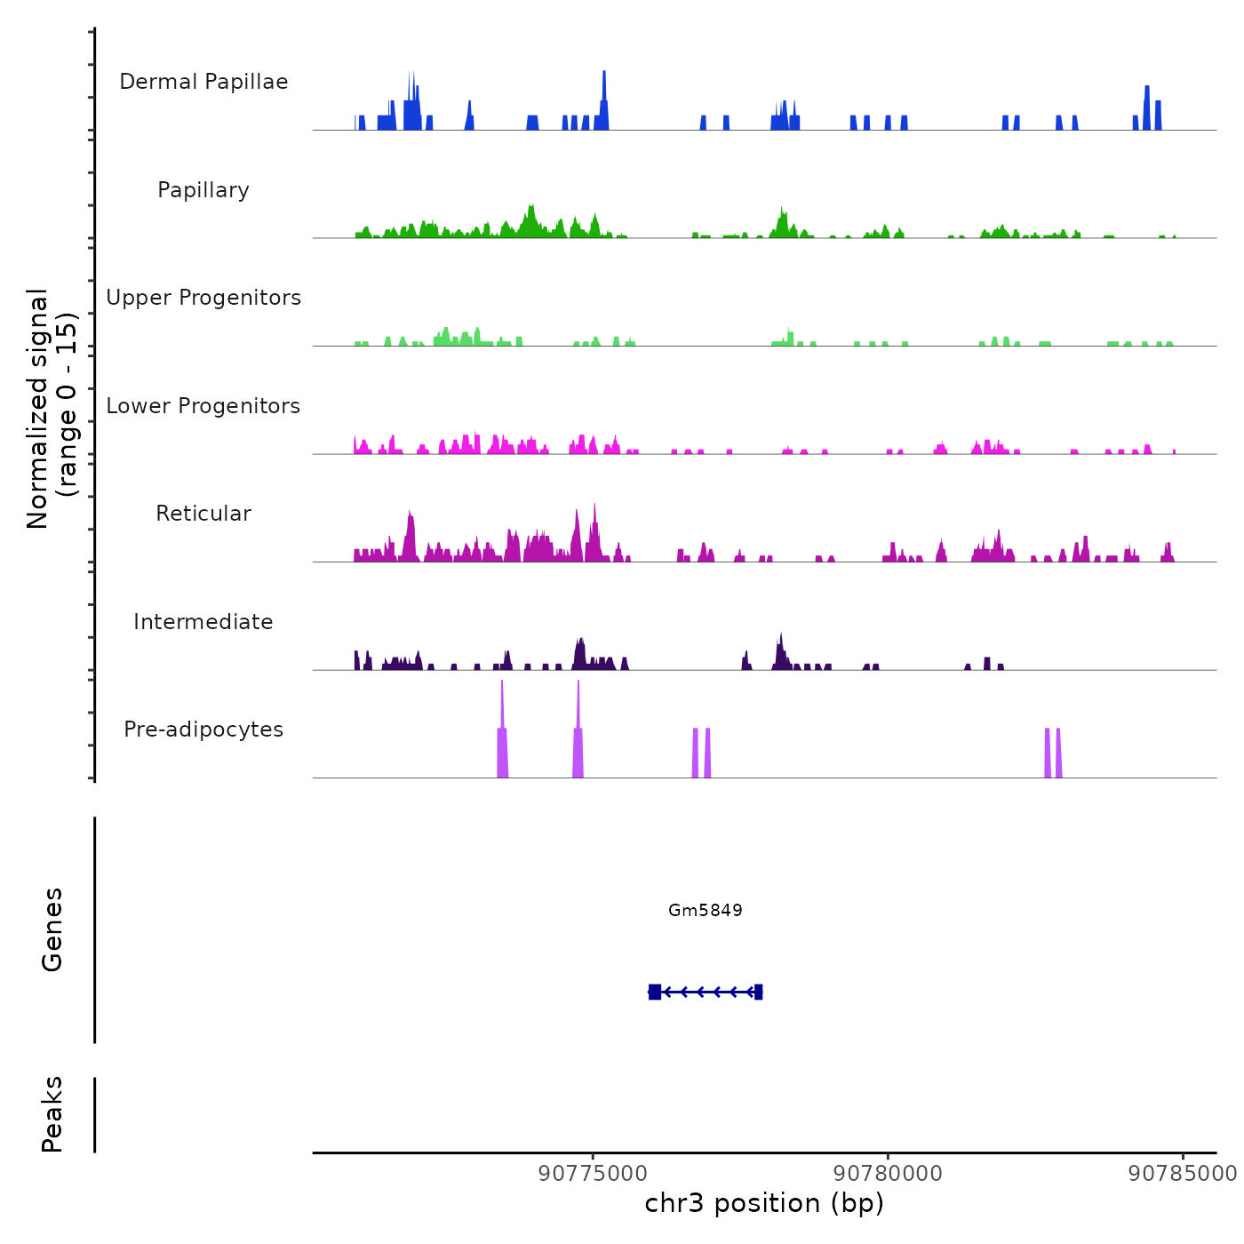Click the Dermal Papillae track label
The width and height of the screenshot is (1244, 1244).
pos(203,82)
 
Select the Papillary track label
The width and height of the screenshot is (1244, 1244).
pos(203,190)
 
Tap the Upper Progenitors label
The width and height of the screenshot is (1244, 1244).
pos(203,298)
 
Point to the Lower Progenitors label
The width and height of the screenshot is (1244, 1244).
pos(203,406)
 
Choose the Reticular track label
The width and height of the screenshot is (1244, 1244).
pos(203,514)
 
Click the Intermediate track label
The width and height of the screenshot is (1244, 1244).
pos(203,622)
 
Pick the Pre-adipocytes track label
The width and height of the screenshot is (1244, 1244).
pos(203,730)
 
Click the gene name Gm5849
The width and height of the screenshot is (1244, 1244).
pos(706,910)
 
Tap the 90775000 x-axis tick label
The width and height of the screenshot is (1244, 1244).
pos(594,1173)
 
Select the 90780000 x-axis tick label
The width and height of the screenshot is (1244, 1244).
pos(889,1173)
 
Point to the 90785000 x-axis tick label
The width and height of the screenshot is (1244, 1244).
pos(1183,1173)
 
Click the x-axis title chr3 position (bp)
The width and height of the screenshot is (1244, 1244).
pos(764,1203)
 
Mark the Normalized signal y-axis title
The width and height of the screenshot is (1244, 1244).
pos(52,409)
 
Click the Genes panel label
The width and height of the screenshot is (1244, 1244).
pos(52,929)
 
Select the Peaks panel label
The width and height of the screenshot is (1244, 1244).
pos(52,1114)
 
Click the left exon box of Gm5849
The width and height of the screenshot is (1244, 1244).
pos(655,992)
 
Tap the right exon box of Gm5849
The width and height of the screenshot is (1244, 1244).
pos(758,992)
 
